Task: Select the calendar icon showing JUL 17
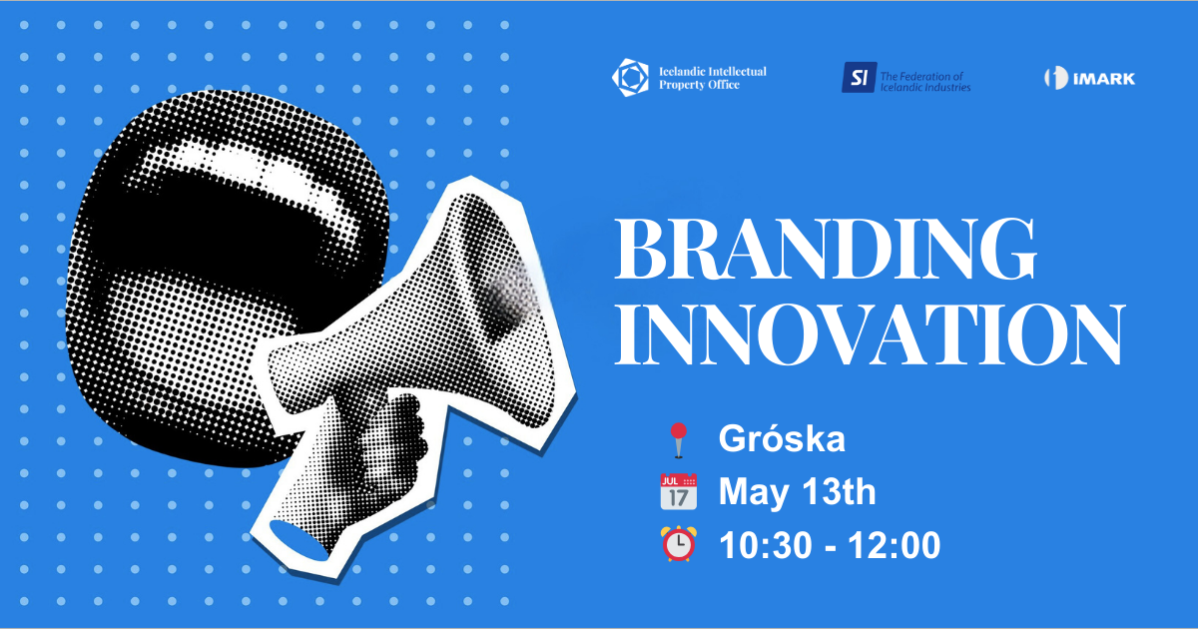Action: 679,492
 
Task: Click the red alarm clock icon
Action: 679,545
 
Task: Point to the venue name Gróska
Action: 782,438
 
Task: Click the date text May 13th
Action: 797,492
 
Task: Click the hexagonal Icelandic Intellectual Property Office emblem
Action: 631,77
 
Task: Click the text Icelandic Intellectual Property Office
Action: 712,78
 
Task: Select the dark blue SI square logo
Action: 857,77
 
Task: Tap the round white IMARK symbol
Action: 1052,78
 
